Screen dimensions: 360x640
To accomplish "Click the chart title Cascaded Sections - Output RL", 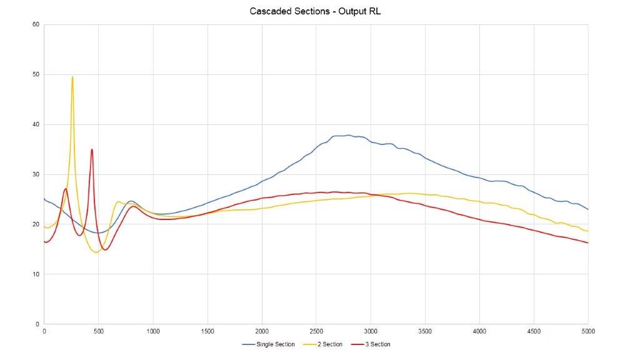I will tap(320, 11).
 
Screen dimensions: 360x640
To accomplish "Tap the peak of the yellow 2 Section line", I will tap(72, 77).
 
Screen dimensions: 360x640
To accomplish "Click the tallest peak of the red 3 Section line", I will tap(92, 149).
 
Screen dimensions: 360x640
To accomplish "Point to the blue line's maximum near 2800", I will tap(348, 134).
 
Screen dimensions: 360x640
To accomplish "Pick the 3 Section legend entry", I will tap(374, 344).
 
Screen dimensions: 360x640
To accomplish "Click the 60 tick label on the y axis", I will tap(36, 24).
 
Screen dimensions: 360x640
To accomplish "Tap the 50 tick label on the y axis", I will tap(36, 74).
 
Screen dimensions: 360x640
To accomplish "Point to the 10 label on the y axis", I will tap(36, 274).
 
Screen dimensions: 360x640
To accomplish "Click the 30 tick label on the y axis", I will tap(36, 174).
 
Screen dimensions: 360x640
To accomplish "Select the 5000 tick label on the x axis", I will tap(588, 331).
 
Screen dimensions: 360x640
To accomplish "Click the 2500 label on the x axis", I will tap(316, 331).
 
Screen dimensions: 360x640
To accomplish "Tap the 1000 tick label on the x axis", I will tap(153, 331).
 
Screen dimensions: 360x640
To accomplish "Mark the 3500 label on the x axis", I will tap(425, 331).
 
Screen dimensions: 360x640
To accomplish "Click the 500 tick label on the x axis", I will tap(98, 331).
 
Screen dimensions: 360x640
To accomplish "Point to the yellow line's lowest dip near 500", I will tap(96, 252).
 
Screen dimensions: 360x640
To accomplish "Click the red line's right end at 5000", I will tap(587, 242).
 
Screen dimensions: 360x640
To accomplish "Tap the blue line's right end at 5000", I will tap(587, 209).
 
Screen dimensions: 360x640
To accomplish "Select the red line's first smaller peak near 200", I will tap(66, 189).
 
